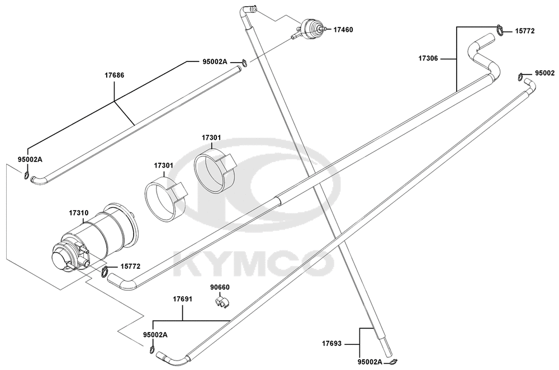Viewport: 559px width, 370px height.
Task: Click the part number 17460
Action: [x=343, y=30]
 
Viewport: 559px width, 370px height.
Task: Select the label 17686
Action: [x=114, y=75]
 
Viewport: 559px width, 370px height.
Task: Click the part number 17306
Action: [x=428, y=59]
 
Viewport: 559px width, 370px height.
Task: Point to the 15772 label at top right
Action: [x=525, y=31]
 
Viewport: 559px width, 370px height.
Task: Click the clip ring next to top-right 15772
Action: [x=500, y=30]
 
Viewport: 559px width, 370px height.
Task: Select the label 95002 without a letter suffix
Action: [x=544, y=73]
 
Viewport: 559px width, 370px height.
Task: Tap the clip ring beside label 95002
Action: [x=521, y=76]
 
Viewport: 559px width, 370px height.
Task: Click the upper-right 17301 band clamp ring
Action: [x=214, y=170]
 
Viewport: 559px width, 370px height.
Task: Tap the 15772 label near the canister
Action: [x=130, y=266]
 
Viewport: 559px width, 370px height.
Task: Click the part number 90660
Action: [x=220, y=287]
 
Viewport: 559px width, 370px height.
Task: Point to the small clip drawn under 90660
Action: [x=222, y=302]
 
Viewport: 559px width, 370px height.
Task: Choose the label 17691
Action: [x=183, y=299]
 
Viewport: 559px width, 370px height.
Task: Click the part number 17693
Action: [x=331, y=344]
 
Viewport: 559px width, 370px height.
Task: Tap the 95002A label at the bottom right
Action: [x=369, y=362]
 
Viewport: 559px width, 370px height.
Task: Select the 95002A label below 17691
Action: [x=155, y=335]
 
